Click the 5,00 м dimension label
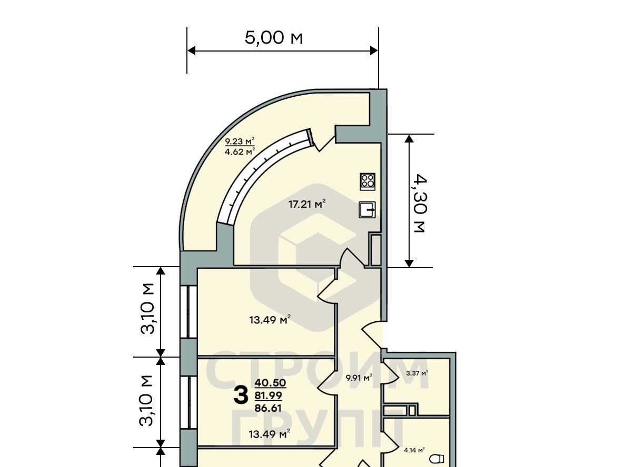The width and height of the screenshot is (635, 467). (x=274, y=38)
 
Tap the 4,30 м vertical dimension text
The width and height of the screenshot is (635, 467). (x=420, y=204)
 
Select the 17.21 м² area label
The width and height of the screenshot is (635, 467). (x=307, y=204)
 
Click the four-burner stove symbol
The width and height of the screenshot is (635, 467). (x=368, y=181)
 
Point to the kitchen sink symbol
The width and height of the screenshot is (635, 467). (x=367, y=210)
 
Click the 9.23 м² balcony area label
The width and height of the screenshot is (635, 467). (x=240, y=141)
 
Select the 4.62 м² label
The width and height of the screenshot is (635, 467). (x=240, y=151)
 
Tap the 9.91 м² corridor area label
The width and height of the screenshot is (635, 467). (x=359, y=378)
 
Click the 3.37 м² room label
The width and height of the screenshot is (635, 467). (x=416, y=373)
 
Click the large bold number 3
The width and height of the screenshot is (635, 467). (x=241, y=395)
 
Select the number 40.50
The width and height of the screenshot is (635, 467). (x=270, y=383)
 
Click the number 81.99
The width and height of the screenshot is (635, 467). (x=268, y=395)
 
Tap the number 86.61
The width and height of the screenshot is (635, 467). (x=268, y=408)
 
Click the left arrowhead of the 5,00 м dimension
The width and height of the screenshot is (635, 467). (x=191, y=51)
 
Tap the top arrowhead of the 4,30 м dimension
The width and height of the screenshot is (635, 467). (x=409, y=138)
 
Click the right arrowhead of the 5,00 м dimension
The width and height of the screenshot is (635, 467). (x=374, y=51)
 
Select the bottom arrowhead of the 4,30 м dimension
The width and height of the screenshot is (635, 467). (x=409, y=263)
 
